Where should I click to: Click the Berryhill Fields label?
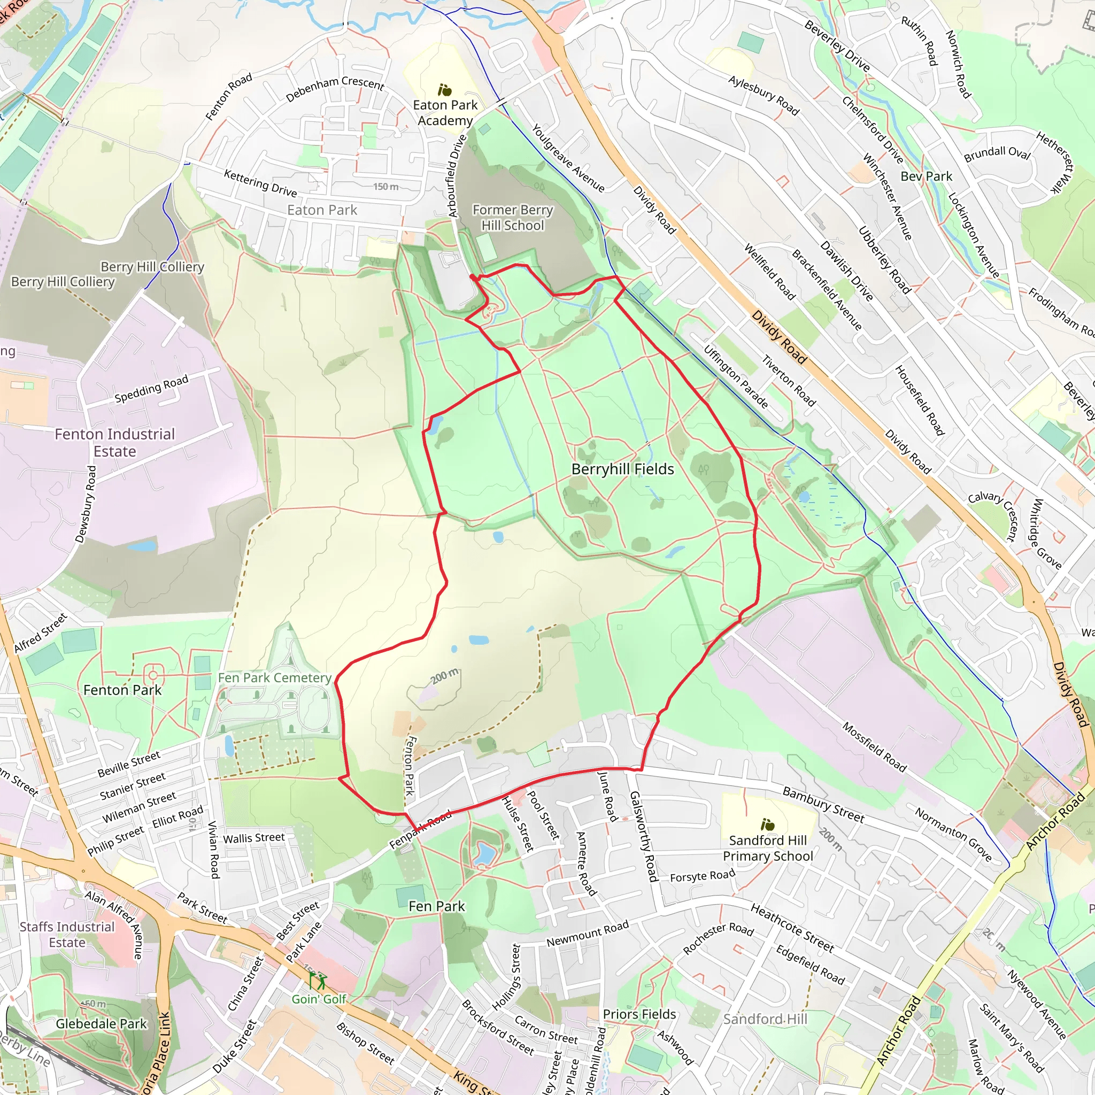pos(622,469)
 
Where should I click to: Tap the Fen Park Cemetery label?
pos(274,678)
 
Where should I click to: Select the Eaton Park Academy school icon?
pos(445,89)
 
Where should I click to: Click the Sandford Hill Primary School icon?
pos(767,824)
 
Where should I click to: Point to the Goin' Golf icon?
pos(318,980)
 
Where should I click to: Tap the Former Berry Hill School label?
pos(512,218)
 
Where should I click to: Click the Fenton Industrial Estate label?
pos(115,443)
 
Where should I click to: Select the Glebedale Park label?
pos(101,1023)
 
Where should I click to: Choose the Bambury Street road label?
pos(823,804)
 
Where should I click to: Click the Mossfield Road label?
pos(874,746)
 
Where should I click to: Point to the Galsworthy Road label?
pos(644,837)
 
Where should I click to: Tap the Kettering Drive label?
pos(260,182)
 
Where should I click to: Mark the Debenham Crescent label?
pos(334,88)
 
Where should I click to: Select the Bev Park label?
pos(926,176)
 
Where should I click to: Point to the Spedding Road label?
pos(151,389)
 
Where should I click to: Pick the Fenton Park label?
pos(122,690)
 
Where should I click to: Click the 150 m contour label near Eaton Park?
pos(385,187)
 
